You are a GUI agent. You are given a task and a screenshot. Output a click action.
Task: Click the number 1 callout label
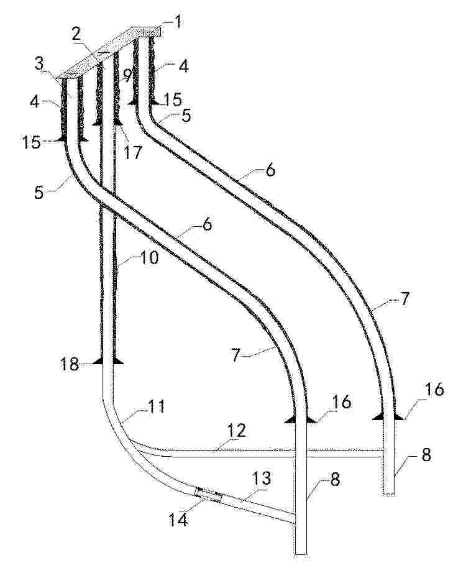coord(178,22)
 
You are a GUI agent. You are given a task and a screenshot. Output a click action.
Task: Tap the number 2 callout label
coord(76,34)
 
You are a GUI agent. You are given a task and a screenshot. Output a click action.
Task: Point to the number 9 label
coord(126,75)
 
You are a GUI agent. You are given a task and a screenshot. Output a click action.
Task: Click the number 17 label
coord(132,152)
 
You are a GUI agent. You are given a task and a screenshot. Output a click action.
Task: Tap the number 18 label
coord(70,364)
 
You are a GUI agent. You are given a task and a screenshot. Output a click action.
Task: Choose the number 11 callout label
coord(157,407)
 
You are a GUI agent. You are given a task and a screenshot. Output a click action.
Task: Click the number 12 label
coord(237,431)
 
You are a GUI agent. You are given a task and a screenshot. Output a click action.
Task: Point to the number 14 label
coord(179,520)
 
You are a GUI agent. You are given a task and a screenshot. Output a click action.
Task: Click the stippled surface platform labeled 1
coord(111,52)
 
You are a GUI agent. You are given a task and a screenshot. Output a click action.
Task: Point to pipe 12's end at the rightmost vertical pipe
coord(384,454)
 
